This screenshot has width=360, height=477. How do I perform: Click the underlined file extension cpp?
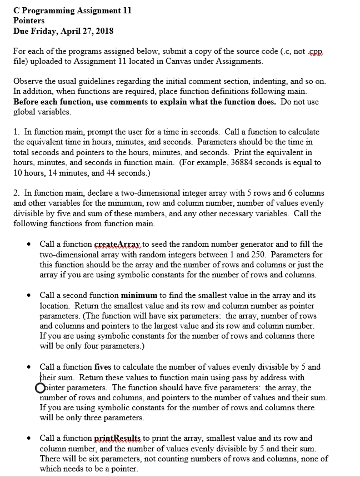[x=315, y=51]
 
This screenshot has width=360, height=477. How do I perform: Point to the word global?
[x=26, y=111]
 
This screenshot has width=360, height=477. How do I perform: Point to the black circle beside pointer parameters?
[x=39, y=388]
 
